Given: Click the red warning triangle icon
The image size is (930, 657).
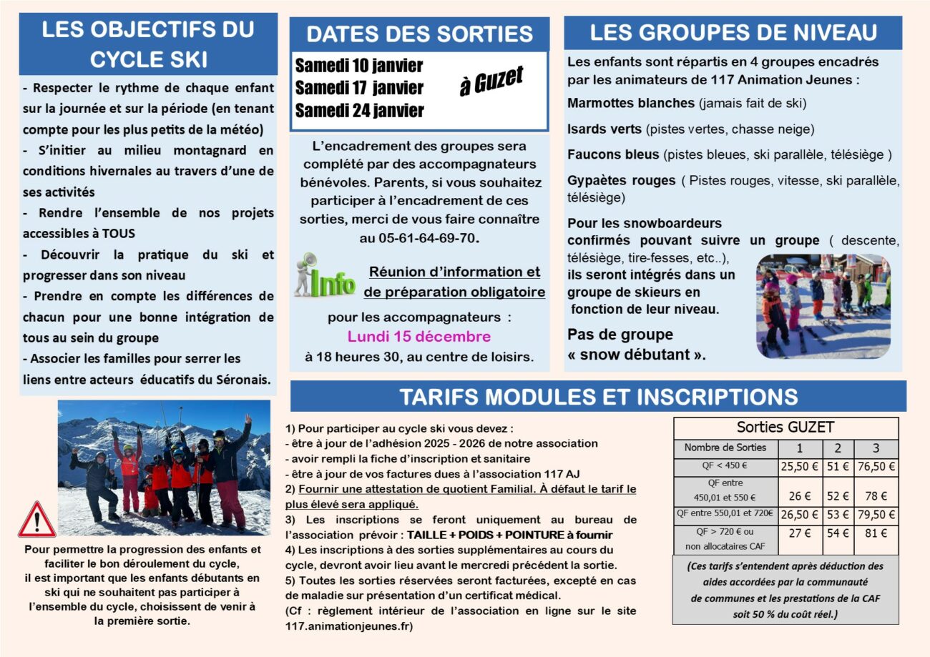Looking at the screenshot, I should pyautogui.click(x=37, y=520).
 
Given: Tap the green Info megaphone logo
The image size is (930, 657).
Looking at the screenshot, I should pyautogui.click(x=325, y=276).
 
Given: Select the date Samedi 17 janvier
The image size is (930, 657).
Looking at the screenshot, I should pyautogui.click(x=359, y=88).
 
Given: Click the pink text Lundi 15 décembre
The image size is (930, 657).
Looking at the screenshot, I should pyautogui.click(x=419, y=337).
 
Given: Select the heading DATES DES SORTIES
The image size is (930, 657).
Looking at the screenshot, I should pyautogui.click(x=419, y=34).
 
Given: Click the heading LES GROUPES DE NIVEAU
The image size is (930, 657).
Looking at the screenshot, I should pyautogui.click(x=733, y=33).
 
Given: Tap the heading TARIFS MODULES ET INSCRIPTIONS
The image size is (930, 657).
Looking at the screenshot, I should pyautogui.click(x=598, y=397).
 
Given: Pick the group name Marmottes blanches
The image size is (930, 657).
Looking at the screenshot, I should pyautogui.click(x=631, y=103).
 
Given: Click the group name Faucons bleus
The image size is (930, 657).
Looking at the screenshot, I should pyautogui.click(x=613, y=154).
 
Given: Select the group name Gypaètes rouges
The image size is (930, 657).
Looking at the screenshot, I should pyautogui.click(x=621, y=180).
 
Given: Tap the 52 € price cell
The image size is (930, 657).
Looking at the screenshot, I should pyautogui.click(x=838, y=496).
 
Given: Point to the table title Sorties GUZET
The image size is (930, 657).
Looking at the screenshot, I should pyautogui.click(x=785, y=428).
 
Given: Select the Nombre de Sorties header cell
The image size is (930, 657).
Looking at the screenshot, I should pyautogui.click(x=725, y=448).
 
